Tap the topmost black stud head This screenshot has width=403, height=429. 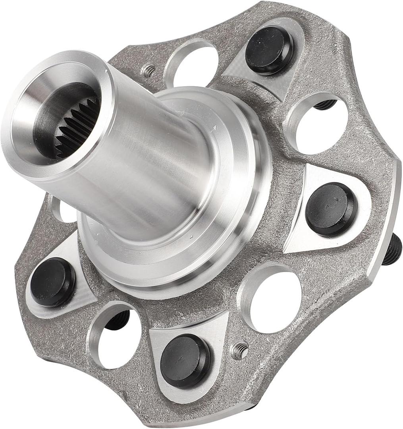[269, 49]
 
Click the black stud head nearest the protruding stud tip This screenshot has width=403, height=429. [331, 209]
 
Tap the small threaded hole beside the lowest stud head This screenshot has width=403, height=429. [239, 351]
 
